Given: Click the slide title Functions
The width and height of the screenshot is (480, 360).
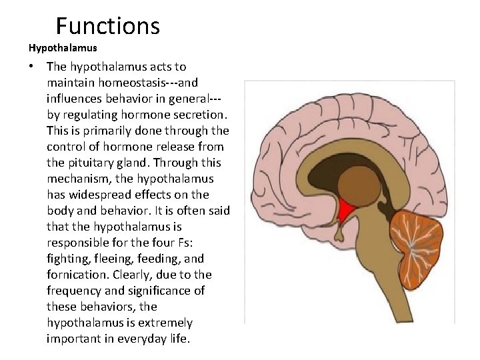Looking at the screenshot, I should click(108, 26).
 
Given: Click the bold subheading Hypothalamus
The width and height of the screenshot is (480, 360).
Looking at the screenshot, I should click(63, 48).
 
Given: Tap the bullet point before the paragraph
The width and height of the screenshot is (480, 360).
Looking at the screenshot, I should click(31, 67).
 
